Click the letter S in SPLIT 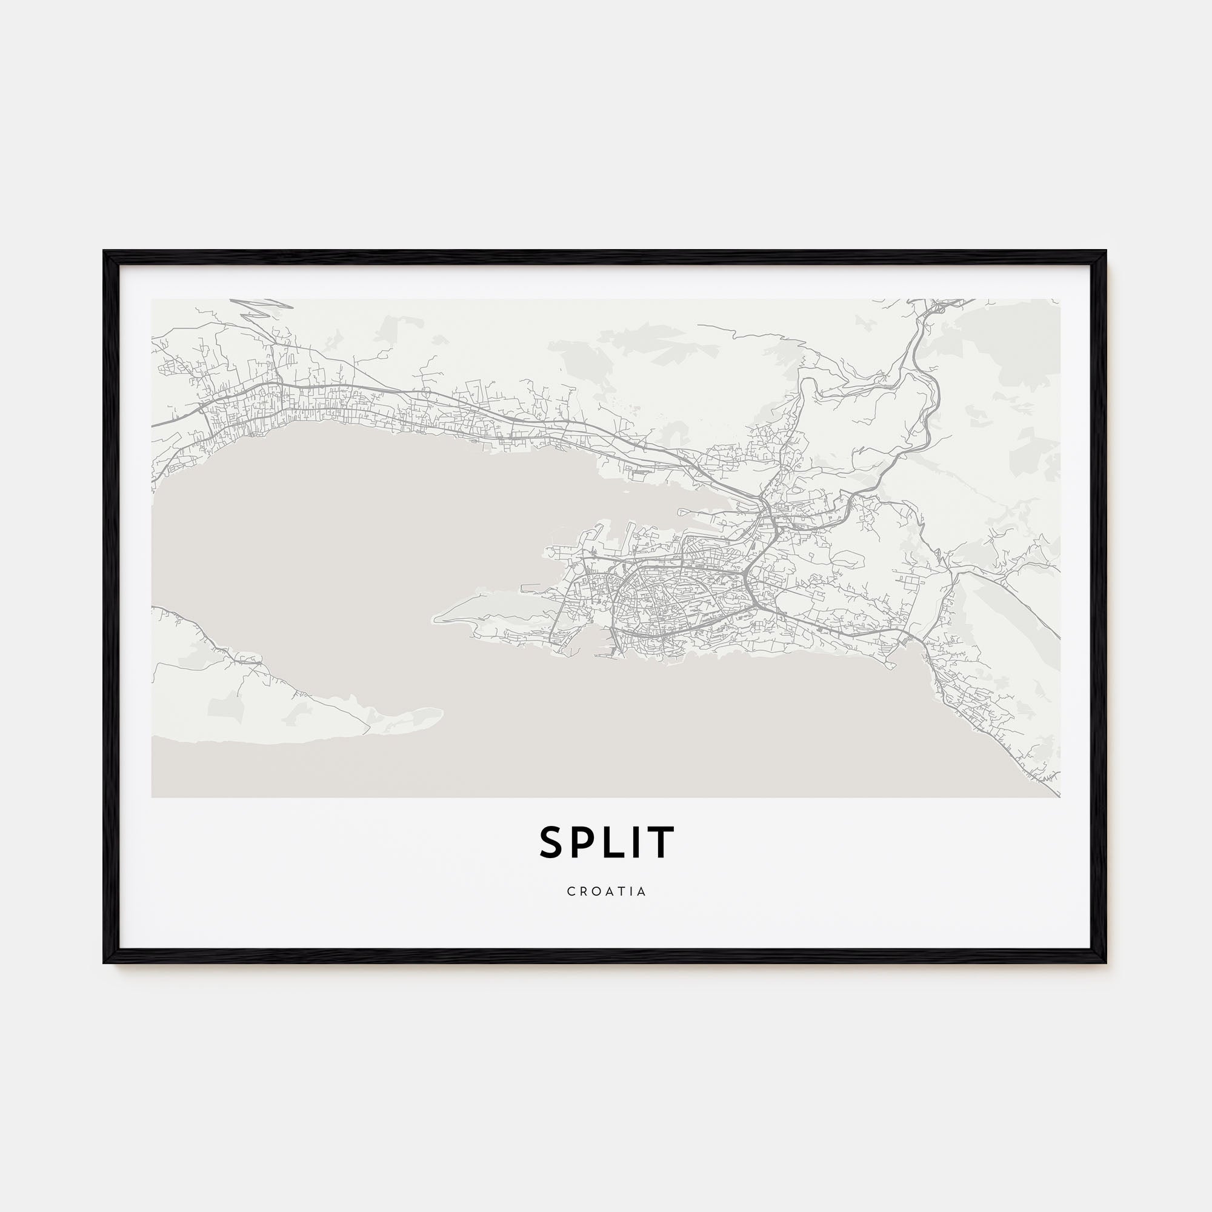553,842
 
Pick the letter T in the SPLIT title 662,842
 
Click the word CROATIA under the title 607,891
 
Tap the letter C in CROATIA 571,891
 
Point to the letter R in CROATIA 583,891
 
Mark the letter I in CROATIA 630,891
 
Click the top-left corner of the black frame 105,252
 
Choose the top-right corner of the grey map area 1059,299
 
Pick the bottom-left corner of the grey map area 153,797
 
